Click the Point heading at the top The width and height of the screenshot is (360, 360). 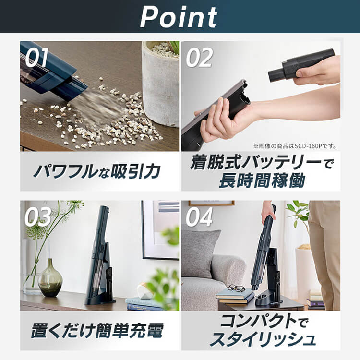179,17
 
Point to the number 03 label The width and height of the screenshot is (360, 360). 37,217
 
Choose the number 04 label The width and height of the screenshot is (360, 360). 199,217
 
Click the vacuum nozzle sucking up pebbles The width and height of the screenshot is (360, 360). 72,88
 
